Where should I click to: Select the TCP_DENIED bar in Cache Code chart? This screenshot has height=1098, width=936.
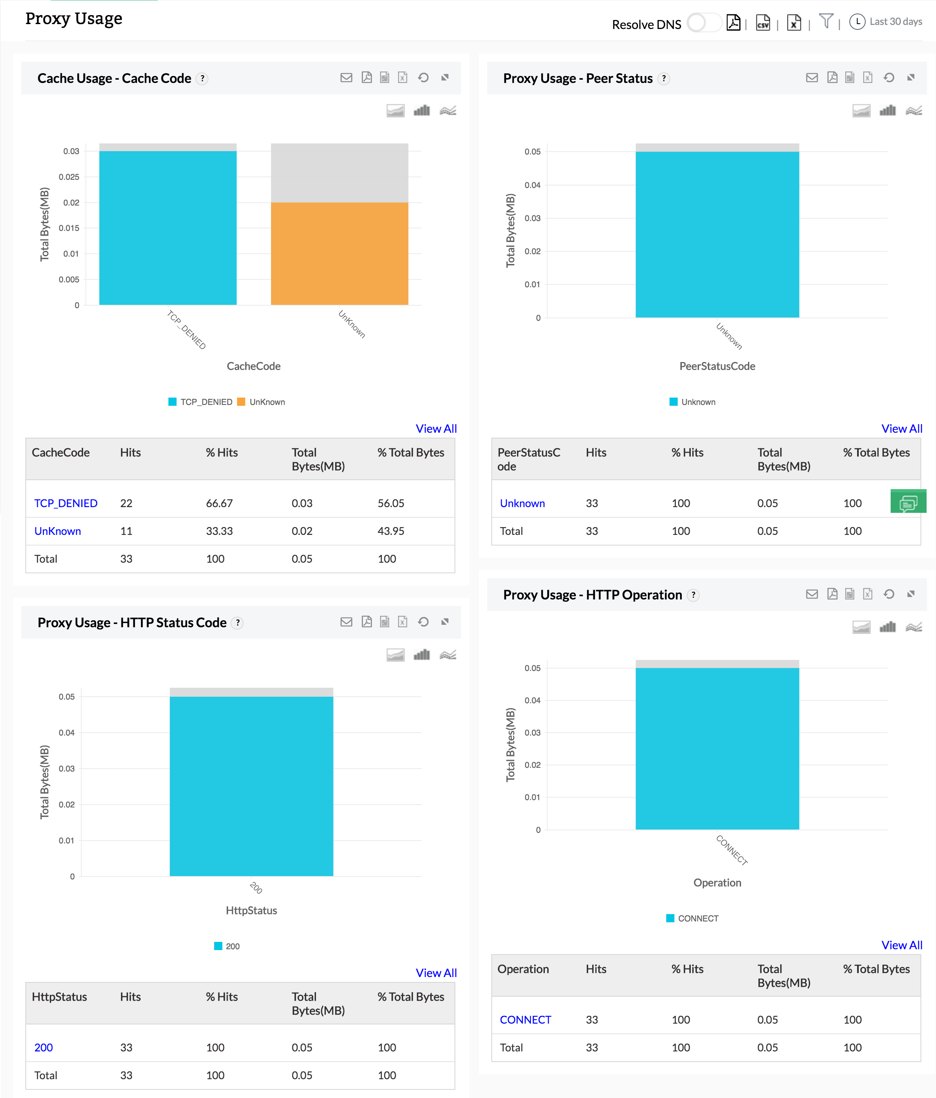click(168, 228)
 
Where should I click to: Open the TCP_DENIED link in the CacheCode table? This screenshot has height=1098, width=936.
click(66, 503)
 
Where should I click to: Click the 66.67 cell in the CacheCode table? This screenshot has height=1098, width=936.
click(219, 503)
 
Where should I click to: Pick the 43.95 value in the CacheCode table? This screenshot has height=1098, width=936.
click(391, 531)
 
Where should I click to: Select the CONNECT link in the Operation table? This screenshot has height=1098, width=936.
click(525, 1020)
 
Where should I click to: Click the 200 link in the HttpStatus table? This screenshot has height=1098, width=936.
click(43, 1047)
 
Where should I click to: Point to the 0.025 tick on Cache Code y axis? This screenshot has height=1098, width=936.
click(69, 177)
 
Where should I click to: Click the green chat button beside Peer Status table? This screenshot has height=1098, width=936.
click(908, 502)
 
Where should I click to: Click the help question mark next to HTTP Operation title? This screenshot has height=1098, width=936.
click(693, 595)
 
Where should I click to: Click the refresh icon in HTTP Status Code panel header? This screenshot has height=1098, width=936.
click(423, 622)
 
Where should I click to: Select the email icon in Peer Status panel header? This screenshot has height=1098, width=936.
click(811, 78)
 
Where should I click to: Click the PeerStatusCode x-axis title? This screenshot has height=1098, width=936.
click(717, 366)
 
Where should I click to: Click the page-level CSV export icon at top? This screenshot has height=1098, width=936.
click(763, 23)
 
